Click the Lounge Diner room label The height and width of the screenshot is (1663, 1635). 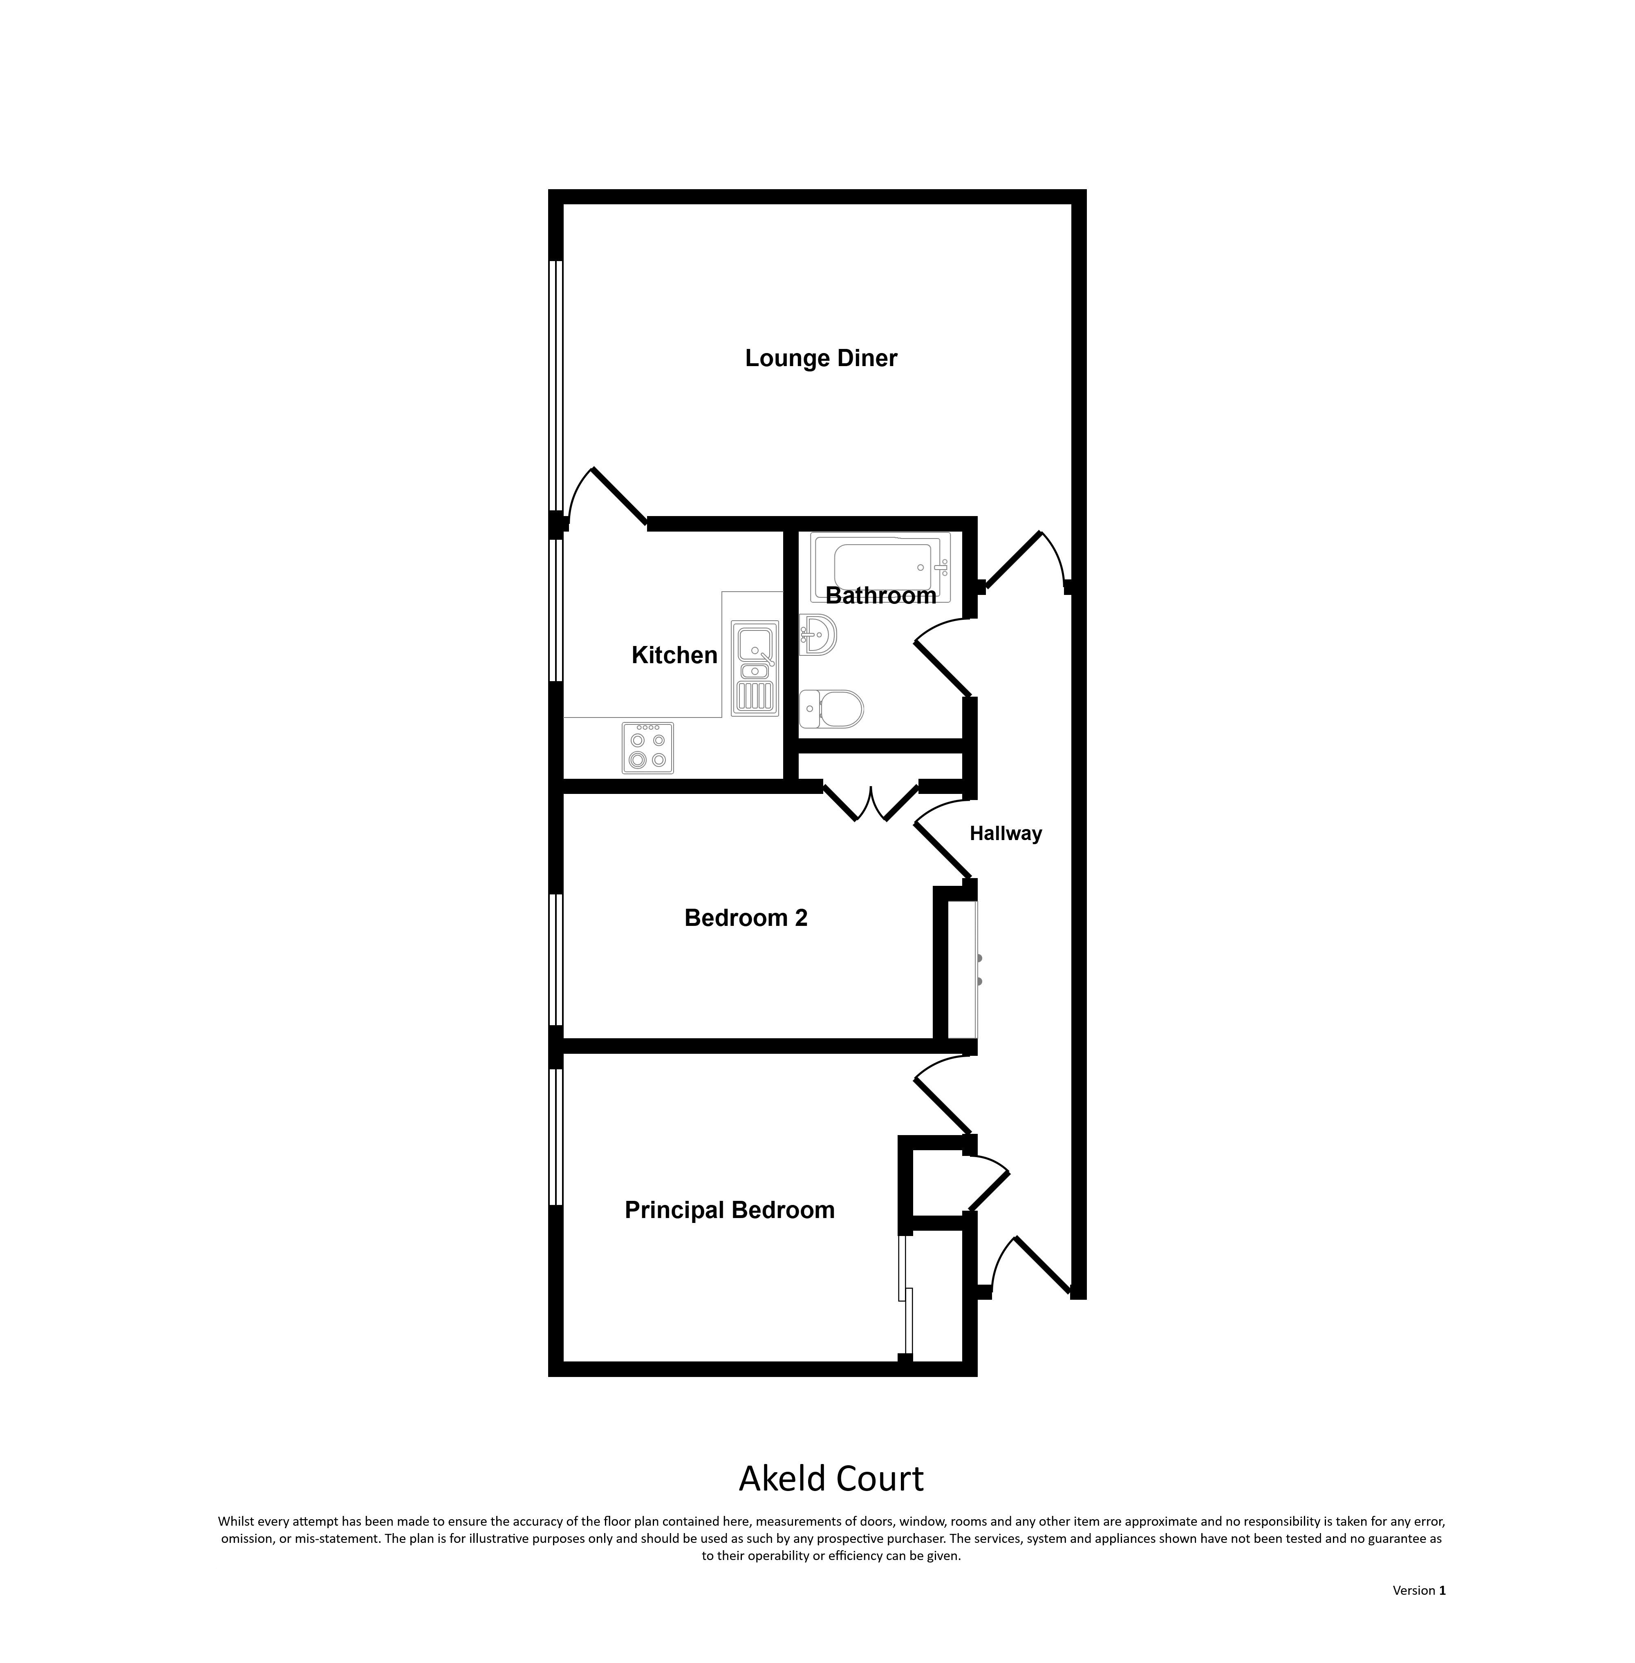click(x=821, y=358)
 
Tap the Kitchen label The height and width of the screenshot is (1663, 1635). click(x=674, y=655)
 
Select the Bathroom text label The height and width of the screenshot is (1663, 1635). click(x=881, y=596)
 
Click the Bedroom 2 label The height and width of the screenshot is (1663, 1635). click(x=746, y=918)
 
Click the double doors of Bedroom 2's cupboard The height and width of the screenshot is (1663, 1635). click(x=871, y=802)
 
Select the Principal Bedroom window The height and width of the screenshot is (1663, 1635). click(x=555, y=1137)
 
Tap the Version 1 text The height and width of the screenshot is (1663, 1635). click(x=1419, y=1590)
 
